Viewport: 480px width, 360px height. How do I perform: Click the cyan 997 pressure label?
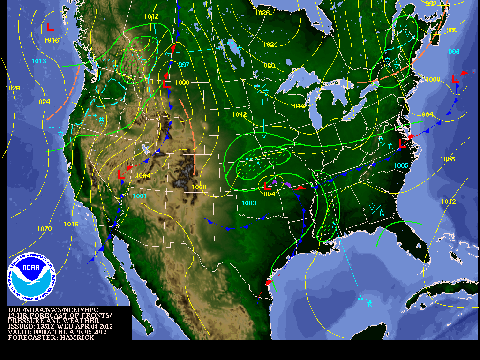click(183, 65)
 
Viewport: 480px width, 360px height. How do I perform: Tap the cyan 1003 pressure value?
click(249, 203)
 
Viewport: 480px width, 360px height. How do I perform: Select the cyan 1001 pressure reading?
click(140, 196)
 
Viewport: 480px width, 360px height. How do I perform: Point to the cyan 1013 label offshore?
click(39, 61)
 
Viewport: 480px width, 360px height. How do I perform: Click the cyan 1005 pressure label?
click(401, 165)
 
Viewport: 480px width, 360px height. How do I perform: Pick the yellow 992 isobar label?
click(431, 4)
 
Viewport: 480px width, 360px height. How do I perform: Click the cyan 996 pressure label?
click(454, 52)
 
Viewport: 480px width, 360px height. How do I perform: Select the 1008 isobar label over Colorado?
click(199, 187)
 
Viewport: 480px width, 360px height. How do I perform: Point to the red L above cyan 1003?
click(268, 186)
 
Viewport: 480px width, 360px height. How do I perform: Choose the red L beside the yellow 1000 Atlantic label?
click(454, 79)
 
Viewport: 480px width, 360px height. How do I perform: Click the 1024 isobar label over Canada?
click(270, 45)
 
